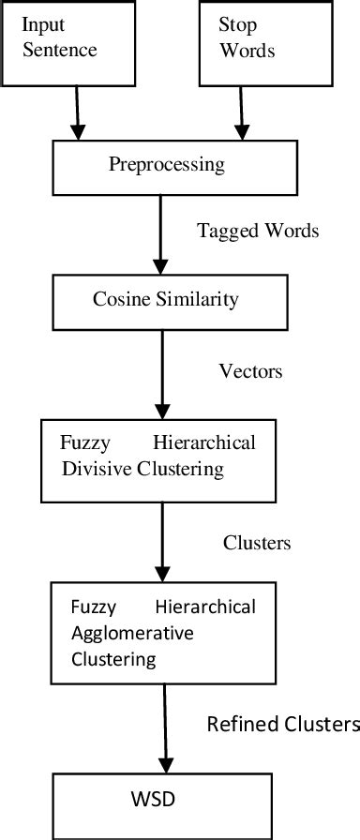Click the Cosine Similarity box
click(x=164, y=299)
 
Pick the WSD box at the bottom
click(x=166, y=802)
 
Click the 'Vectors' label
click(x=250, y=371)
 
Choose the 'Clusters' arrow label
click(x=256, y=543)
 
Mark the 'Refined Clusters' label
click(x=282, y=724)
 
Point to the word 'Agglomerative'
click(x=132, y=633)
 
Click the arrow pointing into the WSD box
click(x=165, y=727)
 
